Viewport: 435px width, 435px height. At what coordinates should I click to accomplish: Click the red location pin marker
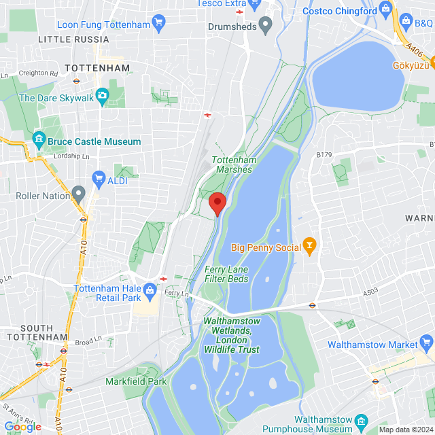(217, 203)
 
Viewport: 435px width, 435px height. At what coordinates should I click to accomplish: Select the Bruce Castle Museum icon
(39, 141)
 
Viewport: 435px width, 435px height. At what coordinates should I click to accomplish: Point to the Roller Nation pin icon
(80, 196)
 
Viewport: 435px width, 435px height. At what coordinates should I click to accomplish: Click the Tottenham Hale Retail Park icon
(151, 290)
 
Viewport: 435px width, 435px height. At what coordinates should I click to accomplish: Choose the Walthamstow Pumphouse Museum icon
(361, 422)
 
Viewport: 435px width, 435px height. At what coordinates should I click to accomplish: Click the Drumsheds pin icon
(266, 27)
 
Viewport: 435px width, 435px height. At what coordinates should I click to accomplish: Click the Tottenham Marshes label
(233, 164)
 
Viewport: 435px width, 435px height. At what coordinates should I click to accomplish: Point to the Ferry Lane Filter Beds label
(227, 274)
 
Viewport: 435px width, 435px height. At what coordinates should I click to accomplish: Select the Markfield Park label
(136, 381)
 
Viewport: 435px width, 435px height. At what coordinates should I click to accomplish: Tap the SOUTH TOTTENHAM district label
(34, 332)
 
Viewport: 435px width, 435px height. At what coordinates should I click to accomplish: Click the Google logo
(23, 427)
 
